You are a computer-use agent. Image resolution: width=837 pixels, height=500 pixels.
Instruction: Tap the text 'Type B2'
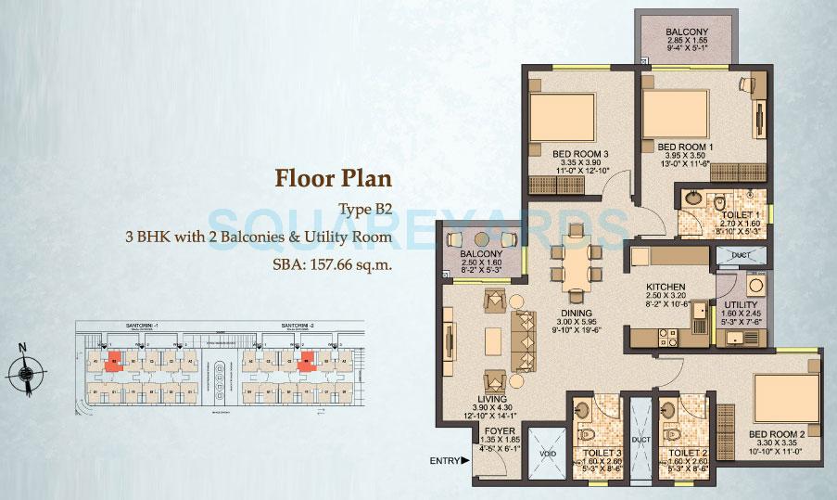pos(362,210)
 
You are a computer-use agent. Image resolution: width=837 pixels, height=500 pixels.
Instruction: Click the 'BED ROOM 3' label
pos(580,154)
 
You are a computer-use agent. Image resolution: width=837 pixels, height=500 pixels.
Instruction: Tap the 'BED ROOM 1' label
pos(684,147)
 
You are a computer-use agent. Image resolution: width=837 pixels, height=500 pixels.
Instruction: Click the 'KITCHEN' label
pos(666,288)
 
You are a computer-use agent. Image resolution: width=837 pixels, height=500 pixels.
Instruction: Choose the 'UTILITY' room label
pos(741,305)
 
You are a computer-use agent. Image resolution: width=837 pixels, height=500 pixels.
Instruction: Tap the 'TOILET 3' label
pos(594,454)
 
